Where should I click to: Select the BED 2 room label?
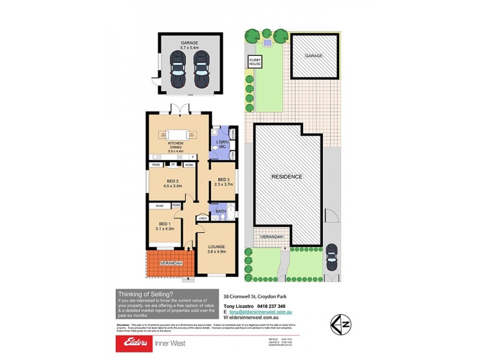pyautogui.click(x=173, y=182)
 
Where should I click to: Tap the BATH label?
pyautogui.click(x=220, y=211)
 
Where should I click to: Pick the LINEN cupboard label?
pyautogui.click(x=202, y=218)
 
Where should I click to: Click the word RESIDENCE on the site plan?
pyautogui.click(x=287, y=176)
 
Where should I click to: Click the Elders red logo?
pyautogui.click(x=136, y=343)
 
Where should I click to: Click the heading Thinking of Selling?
pyautogui.click(x=146, y=293)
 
